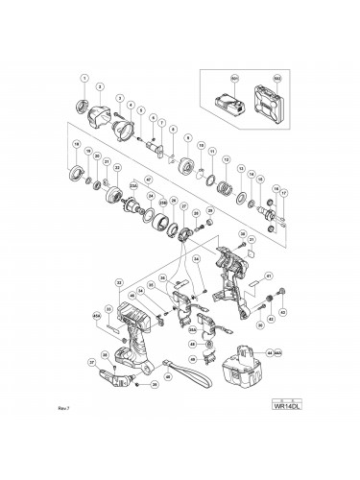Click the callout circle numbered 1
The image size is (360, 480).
pos(84,78)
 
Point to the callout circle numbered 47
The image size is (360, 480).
pos(148,180)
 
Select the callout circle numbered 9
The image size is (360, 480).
pos(188,137)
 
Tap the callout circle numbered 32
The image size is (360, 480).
pos(118,282)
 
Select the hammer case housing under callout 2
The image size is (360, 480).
pos(101,119)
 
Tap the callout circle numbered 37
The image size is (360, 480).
pos(92,362)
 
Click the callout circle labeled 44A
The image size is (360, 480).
pos(279,353)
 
